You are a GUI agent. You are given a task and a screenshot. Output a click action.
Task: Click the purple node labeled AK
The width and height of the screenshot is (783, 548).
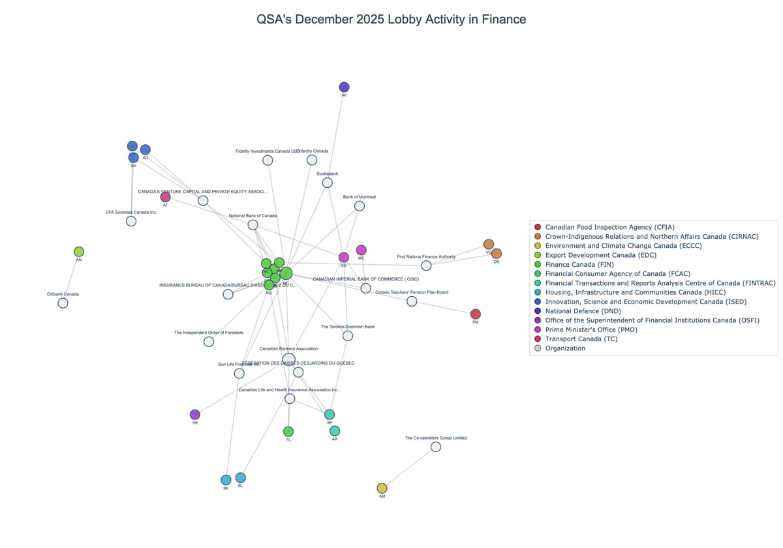[344, 87]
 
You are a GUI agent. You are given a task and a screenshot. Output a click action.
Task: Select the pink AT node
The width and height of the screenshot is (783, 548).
[165, 197]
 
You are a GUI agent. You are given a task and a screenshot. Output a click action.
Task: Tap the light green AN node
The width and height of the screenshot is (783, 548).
[79, 252]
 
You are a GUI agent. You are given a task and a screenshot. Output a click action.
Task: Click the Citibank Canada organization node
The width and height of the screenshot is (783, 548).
[63, 303]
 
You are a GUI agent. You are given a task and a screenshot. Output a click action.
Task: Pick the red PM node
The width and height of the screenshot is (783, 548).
[475, 314]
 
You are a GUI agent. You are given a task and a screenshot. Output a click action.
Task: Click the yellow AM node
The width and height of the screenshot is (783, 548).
[382, 488]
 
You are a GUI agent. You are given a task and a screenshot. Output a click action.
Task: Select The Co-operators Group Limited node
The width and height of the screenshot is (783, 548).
[436, 447]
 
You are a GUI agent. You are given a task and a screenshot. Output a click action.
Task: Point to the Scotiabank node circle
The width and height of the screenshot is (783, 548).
[327, 183]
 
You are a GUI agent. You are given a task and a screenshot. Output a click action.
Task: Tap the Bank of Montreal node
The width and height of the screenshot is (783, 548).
[359, 206]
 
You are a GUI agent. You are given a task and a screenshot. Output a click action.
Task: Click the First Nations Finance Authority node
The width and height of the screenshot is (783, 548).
[426, 266]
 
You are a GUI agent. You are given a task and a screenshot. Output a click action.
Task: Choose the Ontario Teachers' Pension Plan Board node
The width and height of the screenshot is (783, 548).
[412, 301]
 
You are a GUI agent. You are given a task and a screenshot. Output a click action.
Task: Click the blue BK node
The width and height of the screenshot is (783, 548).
[226, 480]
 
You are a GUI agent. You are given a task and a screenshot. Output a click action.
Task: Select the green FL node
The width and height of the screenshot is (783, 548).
[288, 431]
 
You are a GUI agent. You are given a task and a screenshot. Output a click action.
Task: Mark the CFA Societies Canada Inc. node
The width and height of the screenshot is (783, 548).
[131, 221]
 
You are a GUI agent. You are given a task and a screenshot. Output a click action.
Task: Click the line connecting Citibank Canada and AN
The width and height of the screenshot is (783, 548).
[70, 278]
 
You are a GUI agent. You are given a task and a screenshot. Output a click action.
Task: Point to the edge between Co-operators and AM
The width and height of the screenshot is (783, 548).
[409, 467]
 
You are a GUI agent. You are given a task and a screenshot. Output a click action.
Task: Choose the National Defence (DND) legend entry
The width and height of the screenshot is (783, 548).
[583, 311]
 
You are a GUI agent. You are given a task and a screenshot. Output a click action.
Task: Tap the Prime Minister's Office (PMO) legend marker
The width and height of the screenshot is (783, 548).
[538, 330]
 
